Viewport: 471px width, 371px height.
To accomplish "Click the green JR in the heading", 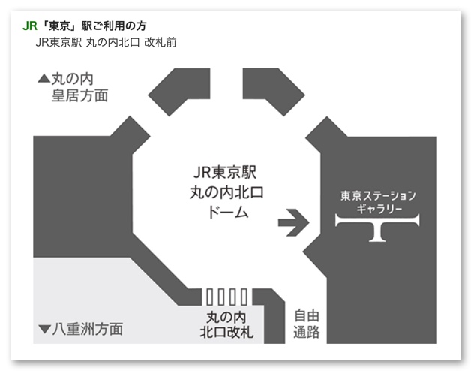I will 30,25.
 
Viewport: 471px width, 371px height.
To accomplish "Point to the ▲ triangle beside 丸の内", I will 43,77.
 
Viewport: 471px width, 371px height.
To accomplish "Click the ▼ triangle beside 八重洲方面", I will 43,329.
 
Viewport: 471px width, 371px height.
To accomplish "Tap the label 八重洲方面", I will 88,329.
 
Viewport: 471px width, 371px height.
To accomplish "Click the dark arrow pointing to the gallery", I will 293,222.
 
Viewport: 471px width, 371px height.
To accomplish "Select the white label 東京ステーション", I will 377,195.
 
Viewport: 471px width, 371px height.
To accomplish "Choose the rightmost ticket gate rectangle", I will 244,295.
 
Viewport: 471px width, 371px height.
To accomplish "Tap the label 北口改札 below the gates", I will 227,331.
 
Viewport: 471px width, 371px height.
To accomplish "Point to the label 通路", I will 305,332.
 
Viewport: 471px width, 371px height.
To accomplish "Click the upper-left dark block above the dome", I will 178,91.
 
